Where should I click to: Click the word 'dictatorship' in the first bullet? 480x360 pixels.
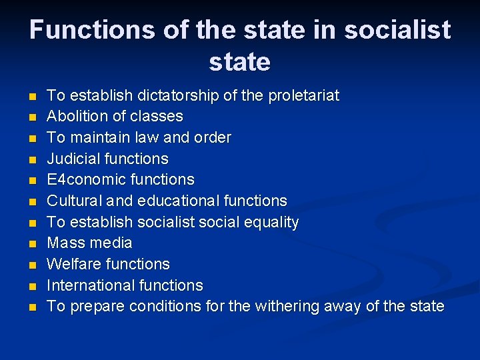pos(173,95)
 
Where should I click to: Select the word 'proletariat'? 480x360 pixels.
pos(303,95)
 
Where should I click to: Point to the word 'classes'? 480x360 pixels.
pos(156,117)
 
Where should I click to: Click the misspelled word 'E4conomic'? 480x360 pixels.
pos(84,180)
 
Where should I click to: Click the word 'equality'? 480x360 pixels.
pos(270,223)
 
